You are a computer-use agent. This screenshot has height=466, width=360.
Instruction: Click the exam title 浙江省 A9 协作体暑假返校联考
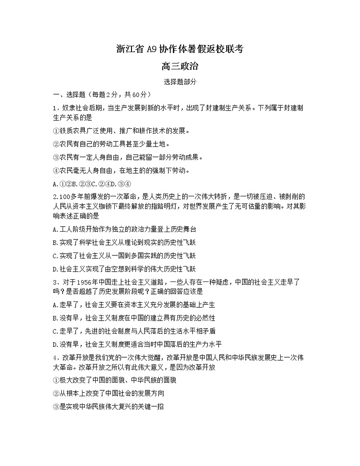click(x=180, y=49)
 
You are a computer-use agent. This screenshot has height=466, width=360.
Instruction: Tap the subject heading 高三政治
click(x=180, y=67)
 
